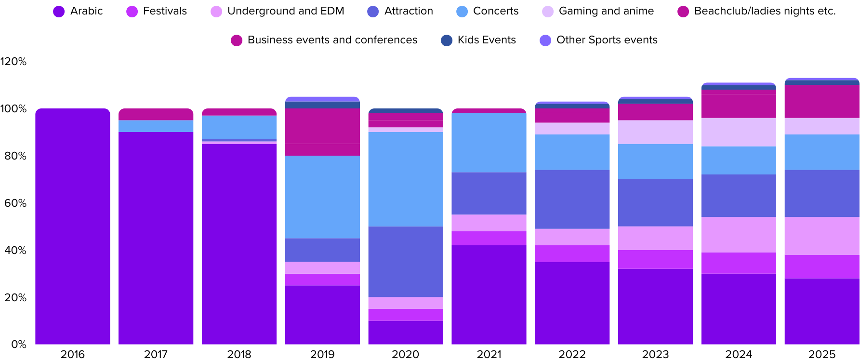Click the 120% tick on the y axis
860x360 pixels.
[13, 62]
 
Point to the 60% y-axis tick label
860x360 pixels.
[15, 203]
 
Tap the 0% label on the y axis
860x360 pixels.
[19, 345]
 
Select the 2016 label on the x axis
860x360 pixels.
[73, 354]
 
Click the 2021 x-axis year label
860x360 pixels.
[489, 354]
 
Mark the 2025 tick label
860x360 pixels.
[822, 354]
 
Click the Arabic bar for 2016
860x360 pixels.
[73, 227]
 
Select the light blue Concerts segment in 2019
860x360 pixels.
[322, 197]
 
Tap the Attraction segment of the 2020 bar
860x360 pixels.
[406, 262]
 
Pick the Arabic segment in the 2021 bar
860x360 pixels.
[489, 295]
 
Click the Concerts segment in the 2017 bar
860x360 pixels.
[156, 126]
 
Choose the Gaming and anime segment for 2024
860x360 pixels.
[739, 133]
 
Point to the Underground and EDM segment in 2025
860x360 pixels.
[822, 236]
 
